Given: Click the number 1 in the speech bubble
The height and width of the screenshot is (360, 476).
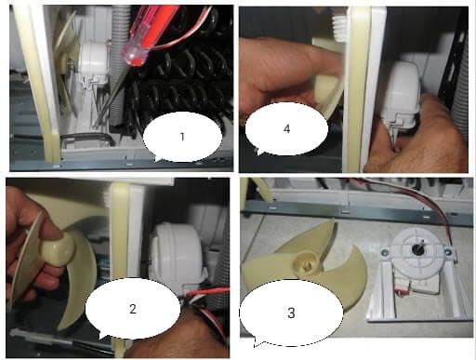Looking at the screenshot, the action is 182,137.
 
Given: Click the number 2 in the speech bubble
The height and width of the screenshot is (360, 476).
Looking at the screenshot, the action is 133,309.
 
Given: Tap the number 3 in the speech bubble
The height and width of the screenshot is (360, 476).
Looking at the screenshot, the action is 291,313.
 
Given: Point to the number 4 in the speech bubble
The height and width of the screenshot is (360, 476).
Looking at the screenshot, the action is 286,128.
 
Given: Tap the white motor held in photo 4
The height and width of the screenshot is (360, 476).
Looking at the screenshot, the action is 403,91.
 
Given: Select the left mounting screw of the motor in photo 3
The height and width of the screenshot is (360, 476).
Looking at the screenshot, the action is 386,253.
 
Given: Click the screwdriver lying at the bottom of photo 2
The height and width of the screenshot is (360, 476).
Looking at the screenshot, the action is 59,342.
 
